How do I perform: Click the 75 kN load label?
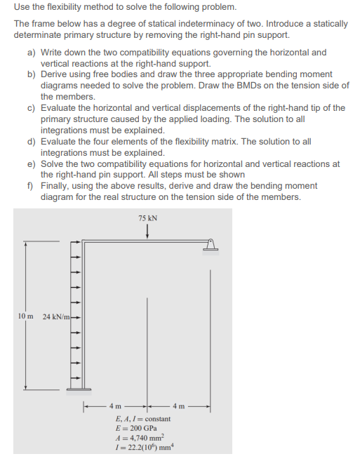(x=147, y=218)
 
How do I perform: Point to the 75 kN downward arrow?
(x=147, y=231)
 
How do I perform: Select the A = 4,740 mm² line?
(x=142, y=437)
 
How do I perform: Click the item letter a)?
(x=31, y=53)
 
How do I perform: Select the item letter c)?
(x=31, y=107)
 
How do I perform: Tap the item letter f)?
(x=31, y=186)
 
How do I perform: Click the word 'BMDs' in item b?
(x=243, y=86)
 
